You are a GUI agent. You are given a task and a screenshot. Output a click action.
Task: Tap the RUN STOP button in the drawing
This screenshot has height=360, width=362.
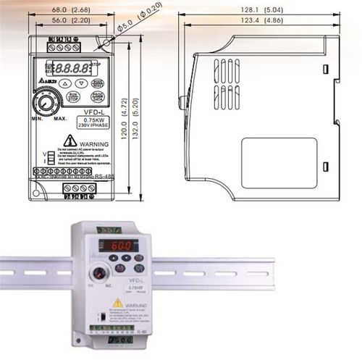(x=72, y=96)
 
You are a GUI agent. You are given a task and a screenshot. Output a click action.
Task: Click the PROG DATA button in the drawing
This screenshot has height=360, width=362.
(x=97, y=96)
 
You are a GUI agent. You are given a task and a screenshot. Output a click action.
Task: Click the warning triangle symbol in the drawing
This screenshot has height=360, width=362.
(x=70, y=141)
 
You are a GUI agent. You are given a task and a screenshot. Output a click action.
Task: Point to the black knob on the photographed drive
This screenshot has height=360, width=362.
(x=96, y=275)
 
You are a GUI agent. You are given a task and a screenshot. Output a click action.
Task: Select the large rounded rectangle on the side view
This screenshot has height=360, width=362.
(x=279, y=163)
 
